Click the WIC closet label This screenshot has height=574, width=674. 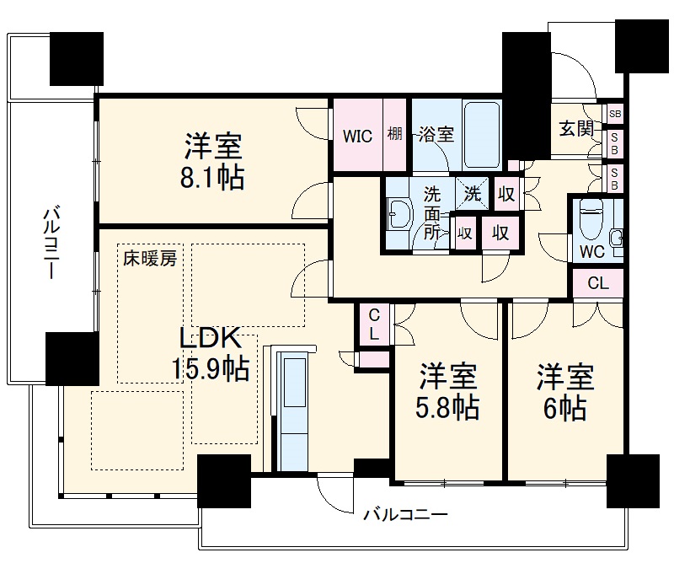(357, 137)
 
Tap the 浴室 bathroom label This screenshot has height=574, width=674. (436, 135)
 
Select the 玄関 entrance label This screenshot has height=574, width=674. (576, 129)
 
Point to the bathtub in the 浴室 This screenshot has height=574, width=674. (482, 135)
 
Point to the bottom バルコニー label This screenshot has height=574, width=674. (404, 514)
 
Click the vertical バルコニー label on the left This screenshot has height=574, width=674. (50, 244)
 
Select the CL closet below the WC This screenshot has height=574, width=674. (597, 283)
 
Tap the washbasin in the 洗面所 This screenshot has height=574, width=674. (398, 216)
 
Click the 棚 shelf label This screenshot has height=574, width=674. (395, 136)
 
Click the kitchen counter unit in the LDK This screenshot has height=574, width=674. (292, 413)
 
